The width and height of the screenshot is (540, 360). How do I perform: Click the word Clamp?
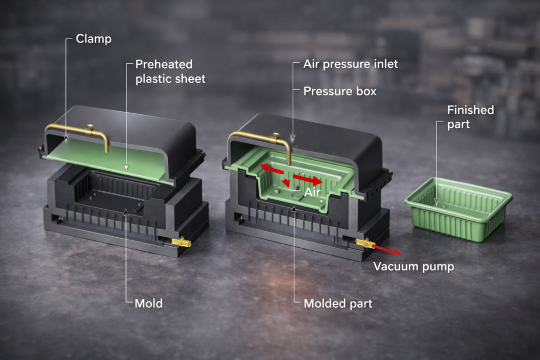tap(93, 38)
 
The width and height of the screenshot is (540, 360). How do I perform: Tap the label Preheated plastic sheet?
tap(170, 71)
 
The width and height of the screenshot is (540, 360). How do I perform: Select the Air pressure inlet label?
tap(350, 64)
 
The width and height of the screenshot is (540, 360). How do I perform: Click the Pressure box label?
tap(340, 91)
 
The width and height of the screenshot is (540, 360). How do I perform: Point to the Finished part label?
tap(470, 116)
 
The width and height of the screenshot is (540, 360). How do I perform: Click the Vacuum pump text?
tap(413, 266)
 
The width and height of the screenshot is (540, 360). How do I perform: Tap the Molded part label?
tap(337, 304)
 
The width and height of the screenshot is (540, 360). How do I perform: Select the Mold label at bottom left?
tap(149, 304)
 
